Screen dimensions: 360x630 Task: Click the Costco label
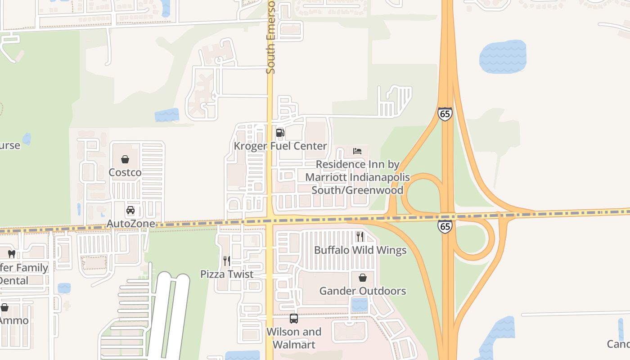(x=125, y=172)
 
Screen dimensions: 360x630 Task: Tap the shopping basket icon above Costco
(x=125, y=159)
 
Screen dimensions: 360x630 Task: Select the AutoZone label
(x=130, y=224)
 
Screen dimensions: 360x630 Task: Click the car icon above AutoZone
(x=130, y=210)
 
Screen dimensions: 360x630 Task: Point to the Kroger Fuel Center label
(x=280, y=146)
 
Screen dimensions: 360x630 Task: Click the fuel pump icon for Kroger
(x=280, y=132)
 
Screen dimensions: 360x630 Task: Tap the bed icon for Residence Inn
(x=357, y=151)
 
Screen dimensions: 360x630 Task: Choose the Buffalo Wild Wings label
(x=360, y=250)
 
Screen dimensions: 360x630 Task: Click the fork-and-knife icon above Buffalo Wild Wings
(x=360, y=236)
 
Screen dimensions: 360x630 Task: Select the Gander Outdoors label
(x=362, y=291)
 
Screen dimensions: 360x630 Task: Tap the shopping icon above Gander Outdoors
(x=362, y=278)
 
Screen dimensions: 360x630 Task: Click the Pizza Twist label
(x=227, y=274)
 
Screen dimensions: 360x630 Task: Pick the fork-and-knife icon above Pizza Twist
(x=227, y=261)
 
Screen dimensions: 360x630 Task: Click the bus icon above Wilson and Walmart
(x=294, y=319)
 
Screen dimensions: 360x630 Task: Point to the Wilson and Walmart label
(x=294, y=338)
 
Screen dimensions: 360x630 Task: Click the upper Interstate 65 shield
(x=445, y=113)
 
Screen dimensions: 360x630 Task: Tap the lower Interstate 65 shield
(x=445, y=226)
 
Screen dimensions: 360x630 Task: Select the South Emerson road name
(x=270, y=36)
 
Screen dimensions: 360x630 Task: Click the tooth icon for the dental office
(x=12, y=254)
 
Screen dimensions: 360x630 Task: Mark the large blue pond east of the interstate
(x=503, y=57)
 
